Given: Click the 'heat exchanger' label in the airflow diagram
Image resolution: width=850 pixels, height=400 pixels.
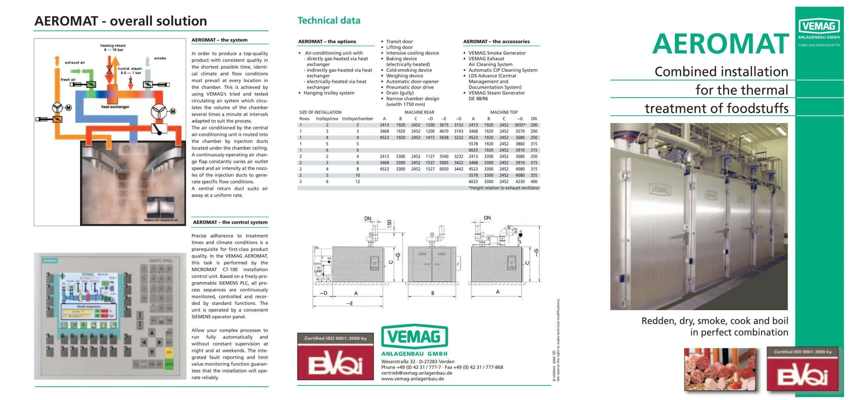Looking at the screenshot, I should point(115,107).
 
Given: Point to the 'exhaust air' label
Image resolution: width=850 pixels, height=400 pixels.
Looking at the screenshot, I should point(75,62).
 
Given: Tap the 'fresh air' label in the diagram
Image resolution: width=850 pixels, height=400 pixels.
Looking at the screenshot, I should point(68,80).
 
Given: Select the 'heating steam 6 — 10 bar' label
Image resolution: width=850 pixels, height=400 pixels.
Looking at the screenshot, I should point(113,47).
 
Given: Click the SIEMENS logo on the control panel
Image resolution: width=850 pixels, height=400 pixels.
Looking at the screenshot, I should point(50,261).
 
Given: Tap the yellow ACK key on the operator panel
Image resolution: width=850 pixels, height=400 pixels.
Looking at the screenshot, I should point(169,352).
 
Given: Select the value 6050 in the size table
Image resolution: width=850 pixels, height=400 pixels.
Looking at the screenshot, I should point(444,169).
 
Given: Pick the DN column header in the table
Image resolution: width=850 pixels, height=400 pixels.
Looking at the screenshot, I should point(534,119).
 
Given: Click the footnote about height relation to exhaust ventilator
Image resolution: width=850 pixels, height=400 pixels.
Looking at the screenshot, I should point(504,188).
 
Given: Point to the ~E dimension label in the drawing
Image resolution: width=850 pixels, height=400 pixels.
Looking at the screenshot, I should point(349,303).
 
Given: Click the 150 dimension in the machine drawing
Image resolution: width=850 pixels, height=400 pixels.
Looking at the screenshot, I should point(389,223).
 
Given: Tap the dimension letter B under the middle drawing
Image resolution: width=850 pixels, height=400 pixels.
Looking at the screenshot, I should point(433,293).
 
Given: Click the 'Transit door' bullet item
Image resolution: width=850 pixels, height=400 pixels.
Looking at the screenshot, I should point(399,41).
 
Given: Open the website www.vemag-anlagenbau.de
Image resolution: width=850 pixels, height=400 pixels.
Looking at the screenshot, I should point(412,379).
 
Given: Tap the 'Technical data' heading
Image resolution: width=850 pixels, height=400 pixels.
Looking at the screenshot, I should point(329,21).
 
